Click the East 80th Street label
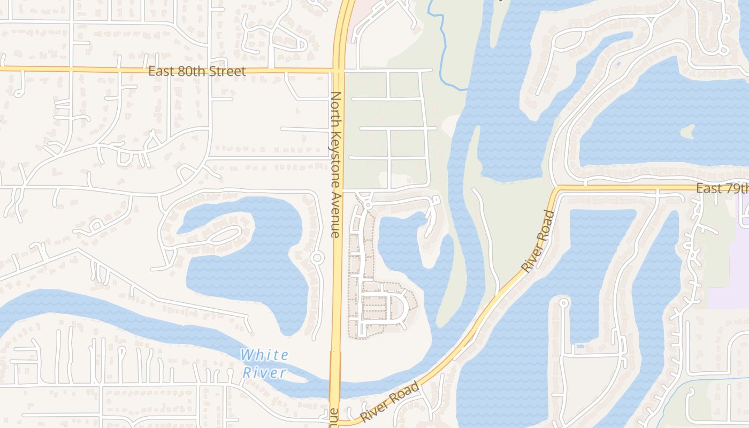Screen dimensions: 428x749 point(197,71)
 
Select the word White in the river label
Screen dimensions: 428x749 point(264,355)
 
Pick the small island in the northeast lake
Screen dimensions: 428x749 point(687,131)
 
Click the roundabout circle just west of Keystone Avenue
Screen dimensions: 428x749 point(317,258)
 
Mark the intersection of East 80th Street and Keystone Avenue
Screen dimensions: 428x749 point(339,70)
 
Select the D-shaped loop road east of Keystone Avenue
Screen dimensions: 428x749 point(399,308)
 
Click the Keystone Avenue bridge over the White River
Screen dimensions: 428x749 point(335,374)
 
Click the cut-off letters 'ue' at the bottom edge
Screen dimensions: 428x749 point(334,416)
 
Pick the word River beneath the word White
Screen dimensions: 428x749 point(264,373)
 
